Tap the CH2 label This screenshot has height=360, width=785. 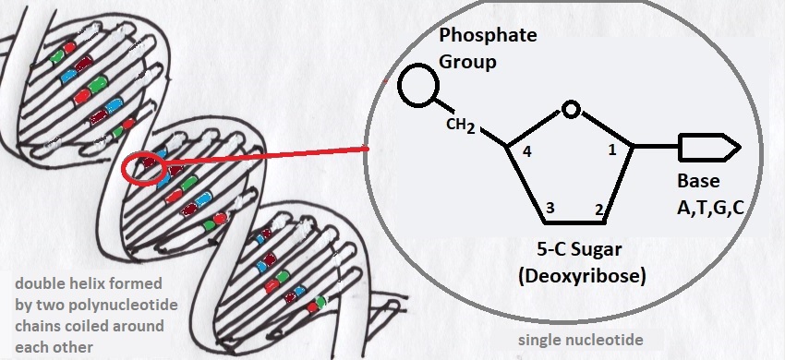[x=460, y=126]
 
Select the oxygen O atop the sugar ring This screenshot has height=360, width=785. [x=572, y=111]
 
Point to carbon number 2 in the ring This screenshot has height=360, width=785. [x=598, y=210]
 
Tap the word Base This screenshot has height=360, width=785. [x=700, y=181]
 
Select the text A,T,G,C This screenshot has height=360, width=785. [x=711, y=209]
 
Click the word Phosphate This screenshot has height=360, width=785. [x=487, y=36]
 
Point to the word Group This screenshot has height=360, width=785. [x=467, y=63]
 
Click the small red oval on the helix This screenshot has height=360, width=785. [x=142, y=167]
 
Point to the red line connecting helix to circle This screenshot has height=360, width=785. [x=268, y=158]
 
